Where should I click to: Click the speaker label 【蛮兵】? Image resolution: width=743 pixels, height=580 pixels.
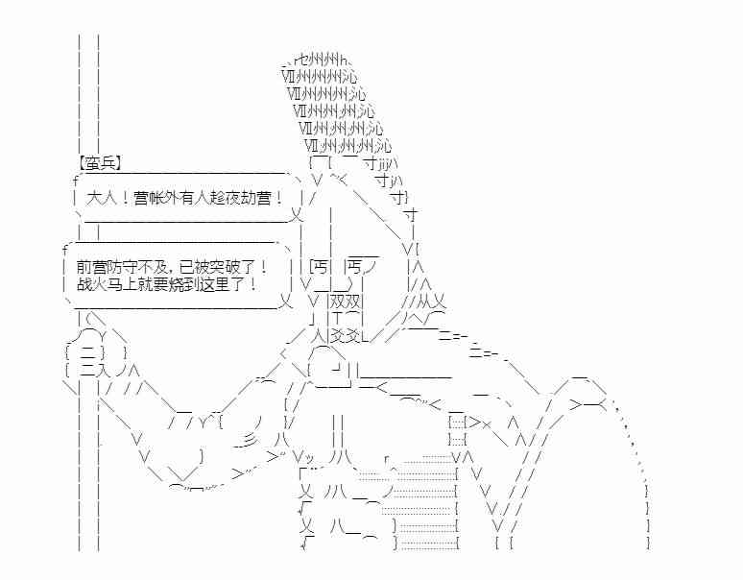(100, 163)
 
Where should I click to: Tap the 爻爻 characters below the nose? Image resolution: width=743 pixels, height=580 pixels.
(345, 336)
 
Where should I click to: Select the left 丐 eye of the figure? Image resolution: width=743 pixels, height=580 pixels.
(321, 267)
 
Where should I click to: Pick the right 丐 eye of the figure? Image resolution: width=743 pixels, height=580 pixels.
(355, 267)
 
